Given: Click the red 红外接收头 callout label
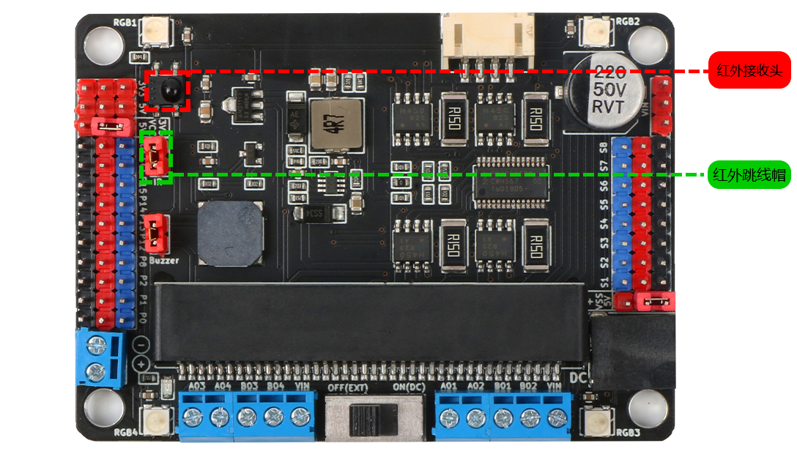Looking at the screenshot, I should pos(749,70).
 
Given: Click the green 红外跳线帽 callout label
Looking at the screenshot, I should pos(749,175).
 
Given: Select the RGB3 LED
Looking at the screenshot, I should pos(596,420).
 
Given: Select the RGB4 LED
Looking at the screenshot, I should pos(156,420).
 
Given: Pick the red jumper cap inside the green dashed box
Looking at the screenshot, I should pos(155,155).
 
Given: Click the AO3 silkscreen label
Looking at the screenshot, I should pos(196,386).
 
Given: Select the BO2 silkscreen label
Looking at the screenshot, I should pos(528,386).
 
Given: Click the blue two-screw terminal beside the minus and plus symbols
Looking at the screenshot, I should pos(97,357).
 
